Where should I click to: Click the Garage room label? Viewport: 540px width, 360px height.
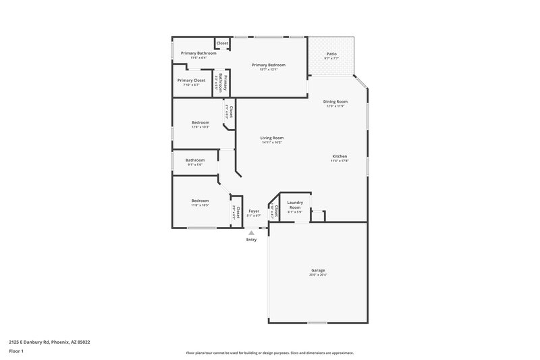point(318,270)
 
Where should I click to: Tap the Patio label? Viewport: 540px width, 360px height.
point(331,53)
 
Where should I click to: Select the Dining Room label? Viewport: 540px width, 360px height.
point(335,101)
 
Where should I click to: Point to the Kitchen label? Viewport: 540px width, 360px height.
point(339,156)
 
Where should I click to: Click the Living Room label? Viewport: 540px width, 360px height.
point(272,138)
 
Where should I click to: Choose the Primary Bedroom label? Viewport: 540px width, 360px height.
point(269,65)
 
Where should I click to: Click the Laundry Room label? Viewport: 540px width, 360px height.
point(295,204)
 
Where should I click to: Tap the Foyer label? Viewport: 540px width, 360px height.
point(254,211)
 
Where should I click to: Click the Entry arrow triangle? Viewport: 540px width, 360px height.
point(251,232)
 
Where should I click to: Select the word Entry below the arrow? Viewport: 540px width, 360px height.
point(251,240)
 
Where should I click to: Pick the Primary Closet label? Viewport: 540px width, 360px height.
point(191,80)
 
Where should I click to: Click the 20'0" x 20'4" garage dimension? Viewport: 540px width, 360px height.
point(318,275)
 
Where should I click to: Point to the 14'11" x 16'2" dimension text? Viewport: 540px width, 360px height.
point(272,143)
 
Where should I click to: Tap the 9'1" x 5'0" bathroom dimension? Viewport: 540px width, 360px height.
point(195,164)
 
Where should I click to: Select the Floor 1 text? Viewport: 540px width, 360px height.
point(17,351)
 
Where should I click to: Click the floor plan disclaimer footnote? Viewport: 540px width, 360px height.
point(269,353)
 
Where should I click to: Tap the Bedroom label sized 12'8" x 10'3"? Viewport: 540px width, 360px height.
point(200,122)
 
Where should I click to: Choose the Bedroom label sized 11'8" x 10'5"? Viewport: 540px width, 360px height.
point(200,201)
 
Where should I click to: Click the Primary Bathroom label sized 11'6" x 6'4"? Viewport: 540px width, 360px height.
point(198,53)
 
